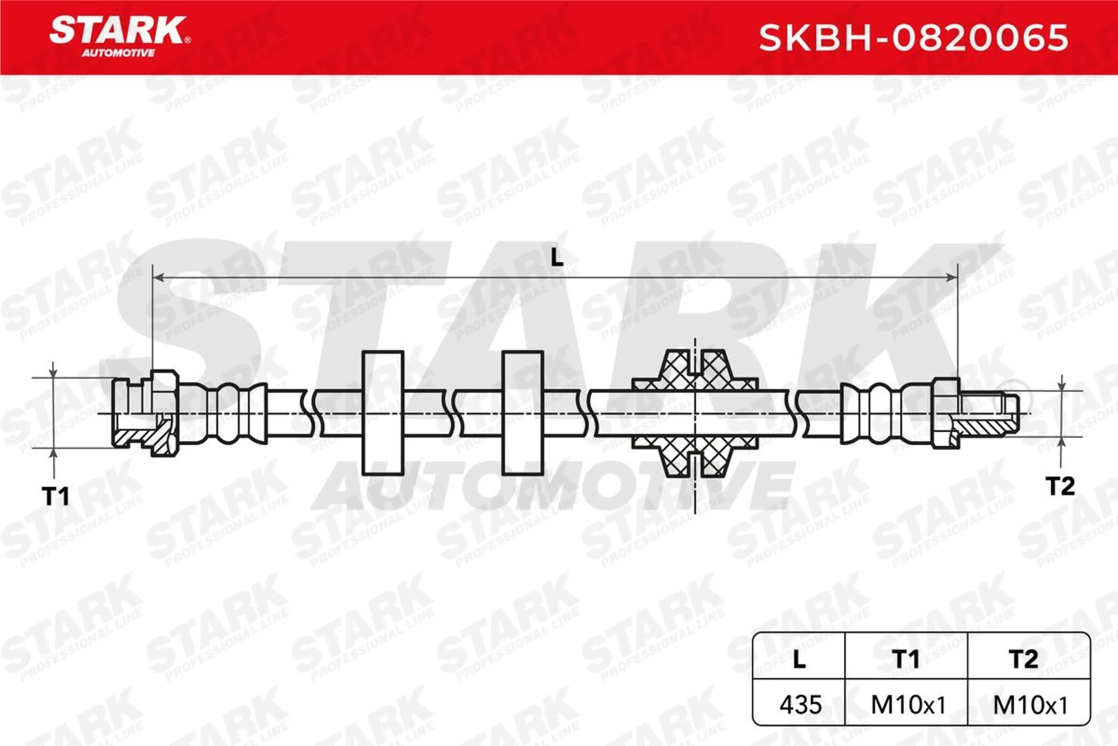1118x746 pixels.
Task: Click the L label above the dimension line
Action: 557,258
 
